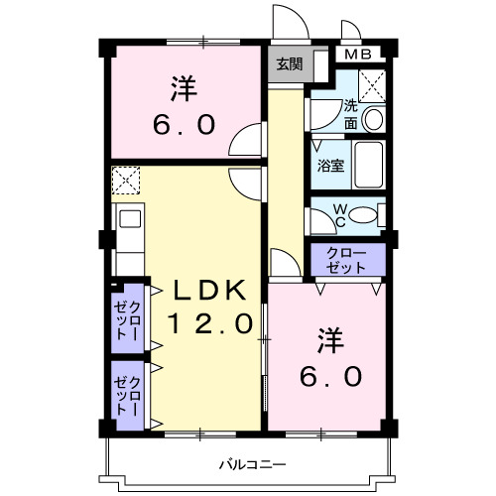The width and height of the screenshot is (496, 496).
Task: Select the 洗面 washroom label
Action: tap(351, 115)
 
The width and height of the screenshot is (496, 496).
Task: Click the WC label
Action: tap(338, 214)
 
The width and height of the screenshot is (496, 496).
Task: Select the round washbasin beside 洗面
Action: tap(374, 120)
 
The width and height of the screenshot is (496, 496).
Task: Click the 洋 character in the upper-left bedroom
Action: tap(182, 89)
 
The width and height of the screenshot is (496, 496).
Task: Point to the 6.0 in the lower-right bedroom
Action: tap(331, 377)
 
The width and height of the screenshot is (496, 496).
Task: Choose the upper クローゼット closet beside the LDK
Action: tap(128, 319)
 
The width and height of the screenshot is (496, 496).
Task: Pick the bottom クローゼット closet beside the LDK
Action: tap(128, 395)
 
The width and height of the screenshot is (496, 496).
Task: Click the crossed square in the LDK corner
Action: tap(127, 182)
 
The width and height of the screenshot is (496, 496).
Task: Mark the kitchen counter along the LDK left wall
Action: tap(129, 238)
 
